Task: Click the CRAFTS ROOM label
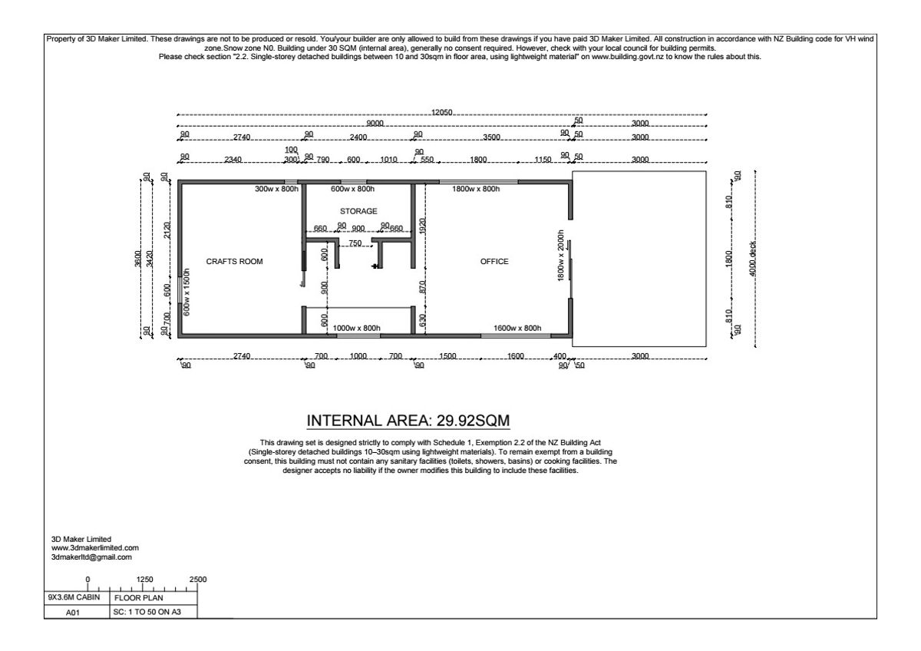(234, 262)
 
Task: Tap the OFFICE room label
(494, 262)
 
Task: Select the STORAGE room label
(358, 211)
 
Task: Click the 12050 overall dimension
(441, 112)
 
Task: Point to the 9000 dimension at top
(375, 124)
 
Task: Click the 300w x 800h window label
(277, 189)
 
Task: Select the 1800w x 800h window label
(476, 189)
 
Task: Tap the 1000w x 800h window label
(356, 328)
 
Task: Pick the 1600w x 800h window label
(517, 328)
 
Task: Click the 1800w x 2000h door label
(561, 256)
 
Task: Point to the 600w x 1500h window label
(187, 292)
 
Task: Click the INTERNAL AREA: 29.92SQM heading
(408, 421)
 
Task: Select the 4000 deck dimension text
(752, 259)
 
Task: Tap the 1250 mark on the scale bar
(145, 580)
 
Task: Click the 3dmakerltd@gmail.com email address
(91, 557)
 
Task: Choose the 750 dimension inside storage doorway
(355, 243)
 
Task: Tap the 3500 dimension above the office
(491, 137)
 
